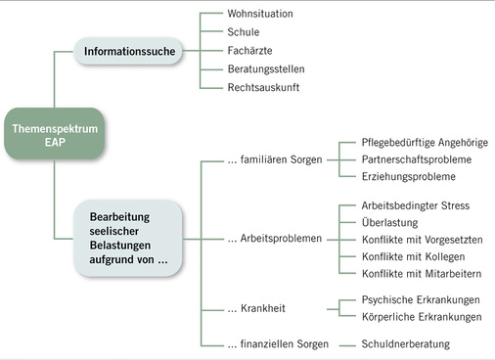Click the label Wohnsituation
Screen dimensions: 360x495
point(259,14)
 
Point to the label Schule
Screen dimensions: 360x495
point(244,32)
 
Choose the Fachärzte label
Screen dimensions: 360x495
point(249,50)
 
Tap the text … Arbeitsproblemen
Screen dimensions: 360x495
point(274,238)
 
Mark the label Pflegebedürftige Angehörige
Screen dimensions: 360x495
point(425,142)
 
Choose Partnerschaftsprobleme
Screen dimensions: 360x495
point(417,159)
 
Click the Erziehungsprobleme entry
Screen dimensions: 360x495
point(409,177)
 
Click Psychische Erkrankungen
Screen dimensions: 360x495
point(422,300)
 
